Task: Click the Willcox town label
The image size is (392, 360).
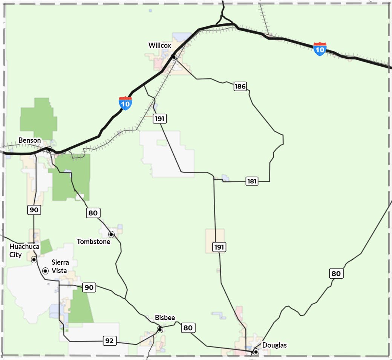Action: [159, 46]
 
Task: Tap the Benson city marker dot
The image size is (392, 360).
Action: [49, 149]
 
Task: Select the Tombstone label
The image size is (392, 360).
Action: [93, 241]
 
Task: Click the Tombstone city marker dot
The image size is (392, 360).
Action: [111, 234]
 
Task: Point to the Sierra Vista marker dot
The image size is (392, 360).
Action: [45, 271]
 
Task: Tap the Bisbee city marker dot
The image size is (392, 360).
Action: [160, 330]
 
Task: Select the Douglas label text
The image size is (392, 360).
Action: [274, 345]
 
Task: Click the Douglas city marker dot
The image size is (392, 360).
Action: [256, 352]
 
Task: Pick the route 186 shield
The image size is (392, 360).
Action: [240, 87]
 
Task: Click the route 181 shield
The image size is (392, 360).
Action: [252, 181]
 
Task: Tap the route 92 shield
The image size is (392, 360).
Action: [109, 341]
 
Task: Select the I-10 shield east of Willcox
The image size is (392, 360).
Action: [320, 49]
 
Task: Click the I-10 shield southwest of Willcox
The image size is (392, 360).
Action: [125, 103]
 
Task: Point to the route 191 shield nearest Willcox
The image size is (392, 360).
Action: [160, 119]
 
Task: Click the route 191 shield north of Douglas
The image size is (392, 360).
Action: [219, 247]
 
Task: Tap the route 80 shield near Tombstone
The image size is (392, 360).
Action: [93, 213]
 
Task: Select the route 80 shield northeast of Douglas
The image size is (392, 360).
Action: [336, 274]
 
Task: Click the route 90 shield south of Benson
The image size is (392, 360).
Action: [34, 210]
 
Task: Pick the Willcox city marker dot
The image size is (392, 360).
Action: [174, 57]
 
